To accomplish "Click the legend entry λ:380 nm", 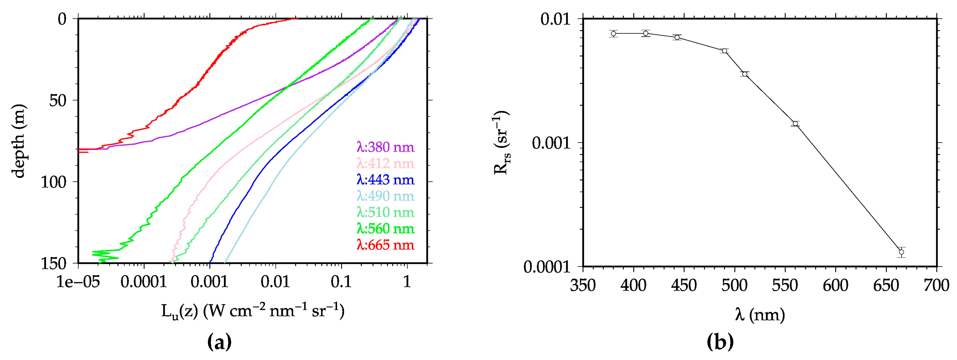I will [385, 147].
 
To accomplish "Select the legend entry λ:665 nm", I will [385, 245].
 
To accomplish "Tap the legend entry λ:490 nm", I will [385, 196].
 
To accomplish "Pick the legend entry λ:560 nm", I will [385, 229].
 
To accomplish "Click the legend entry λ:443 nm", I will [385, 180].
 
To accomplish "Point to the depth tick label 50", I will [58, 100].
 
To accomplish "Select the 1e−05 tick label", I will [78, 282].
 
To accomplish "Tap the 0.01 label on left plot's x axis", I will [275, 282].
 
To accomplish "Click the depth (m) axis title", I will [18, 141].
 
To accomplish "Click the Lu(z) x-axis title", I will [253, 311].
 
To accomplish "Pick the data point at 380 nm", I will [613, 34].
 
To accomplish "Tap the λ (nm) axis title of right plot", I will [759, 315].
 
